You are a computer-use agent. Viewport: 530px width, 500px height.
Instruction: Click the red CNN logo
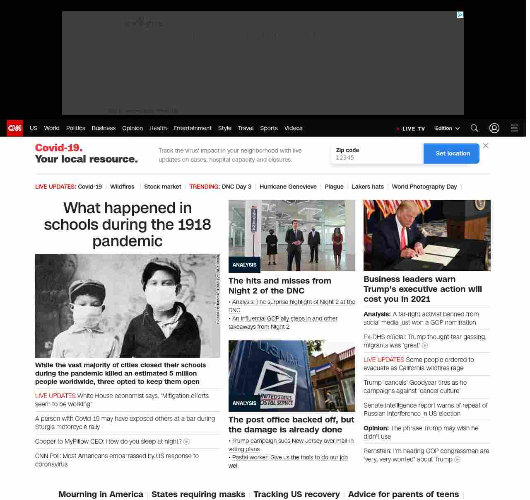15,128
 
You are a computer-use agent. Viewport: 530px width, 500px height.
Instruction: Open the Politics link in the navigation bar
75,128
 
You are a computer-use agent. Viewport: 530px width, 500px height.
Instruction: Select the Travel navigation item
246,128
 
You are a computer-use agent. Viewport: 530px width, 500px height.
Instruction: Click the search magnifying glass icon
474,128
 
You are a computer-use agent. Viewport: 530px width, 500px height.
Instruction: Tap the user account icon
494,128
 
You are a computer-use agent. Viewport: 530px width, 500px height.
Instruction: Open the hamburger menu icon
514,128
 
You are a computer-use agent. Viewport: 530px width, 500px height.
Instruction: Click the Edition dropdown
447,129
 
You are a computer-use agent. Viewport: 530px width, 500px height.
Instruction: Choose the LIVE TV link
411,129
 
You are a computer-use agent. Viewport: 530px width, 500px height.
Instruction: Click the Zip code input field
377,158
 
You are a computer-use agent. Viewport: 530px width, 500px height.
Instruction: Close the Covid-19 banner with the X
486,146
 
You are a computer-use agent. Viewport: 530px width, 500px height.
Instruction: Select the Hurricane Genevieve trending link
288,187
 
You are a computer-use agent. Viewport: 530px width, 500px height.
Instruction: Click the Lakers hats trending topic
368,187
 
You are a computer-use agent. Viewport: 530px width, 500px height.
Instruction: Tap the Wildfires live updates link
122,187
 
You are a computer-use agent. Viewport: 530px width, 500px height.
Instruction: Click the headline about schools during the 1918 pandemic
128,224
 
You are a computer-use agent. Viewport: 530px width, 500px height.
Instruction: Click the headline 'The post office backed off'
291,425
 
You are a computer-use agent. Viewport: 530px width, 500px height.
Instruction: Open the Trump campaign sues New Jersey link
292,441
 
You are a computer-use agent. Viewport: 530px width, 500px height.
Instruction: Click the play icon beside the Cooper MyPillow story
187,442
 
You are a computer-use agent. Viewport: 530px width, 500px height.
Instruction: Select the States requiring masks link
198,494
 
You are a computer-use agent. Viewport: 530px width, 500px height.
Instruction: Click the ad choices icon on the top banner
460,15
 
